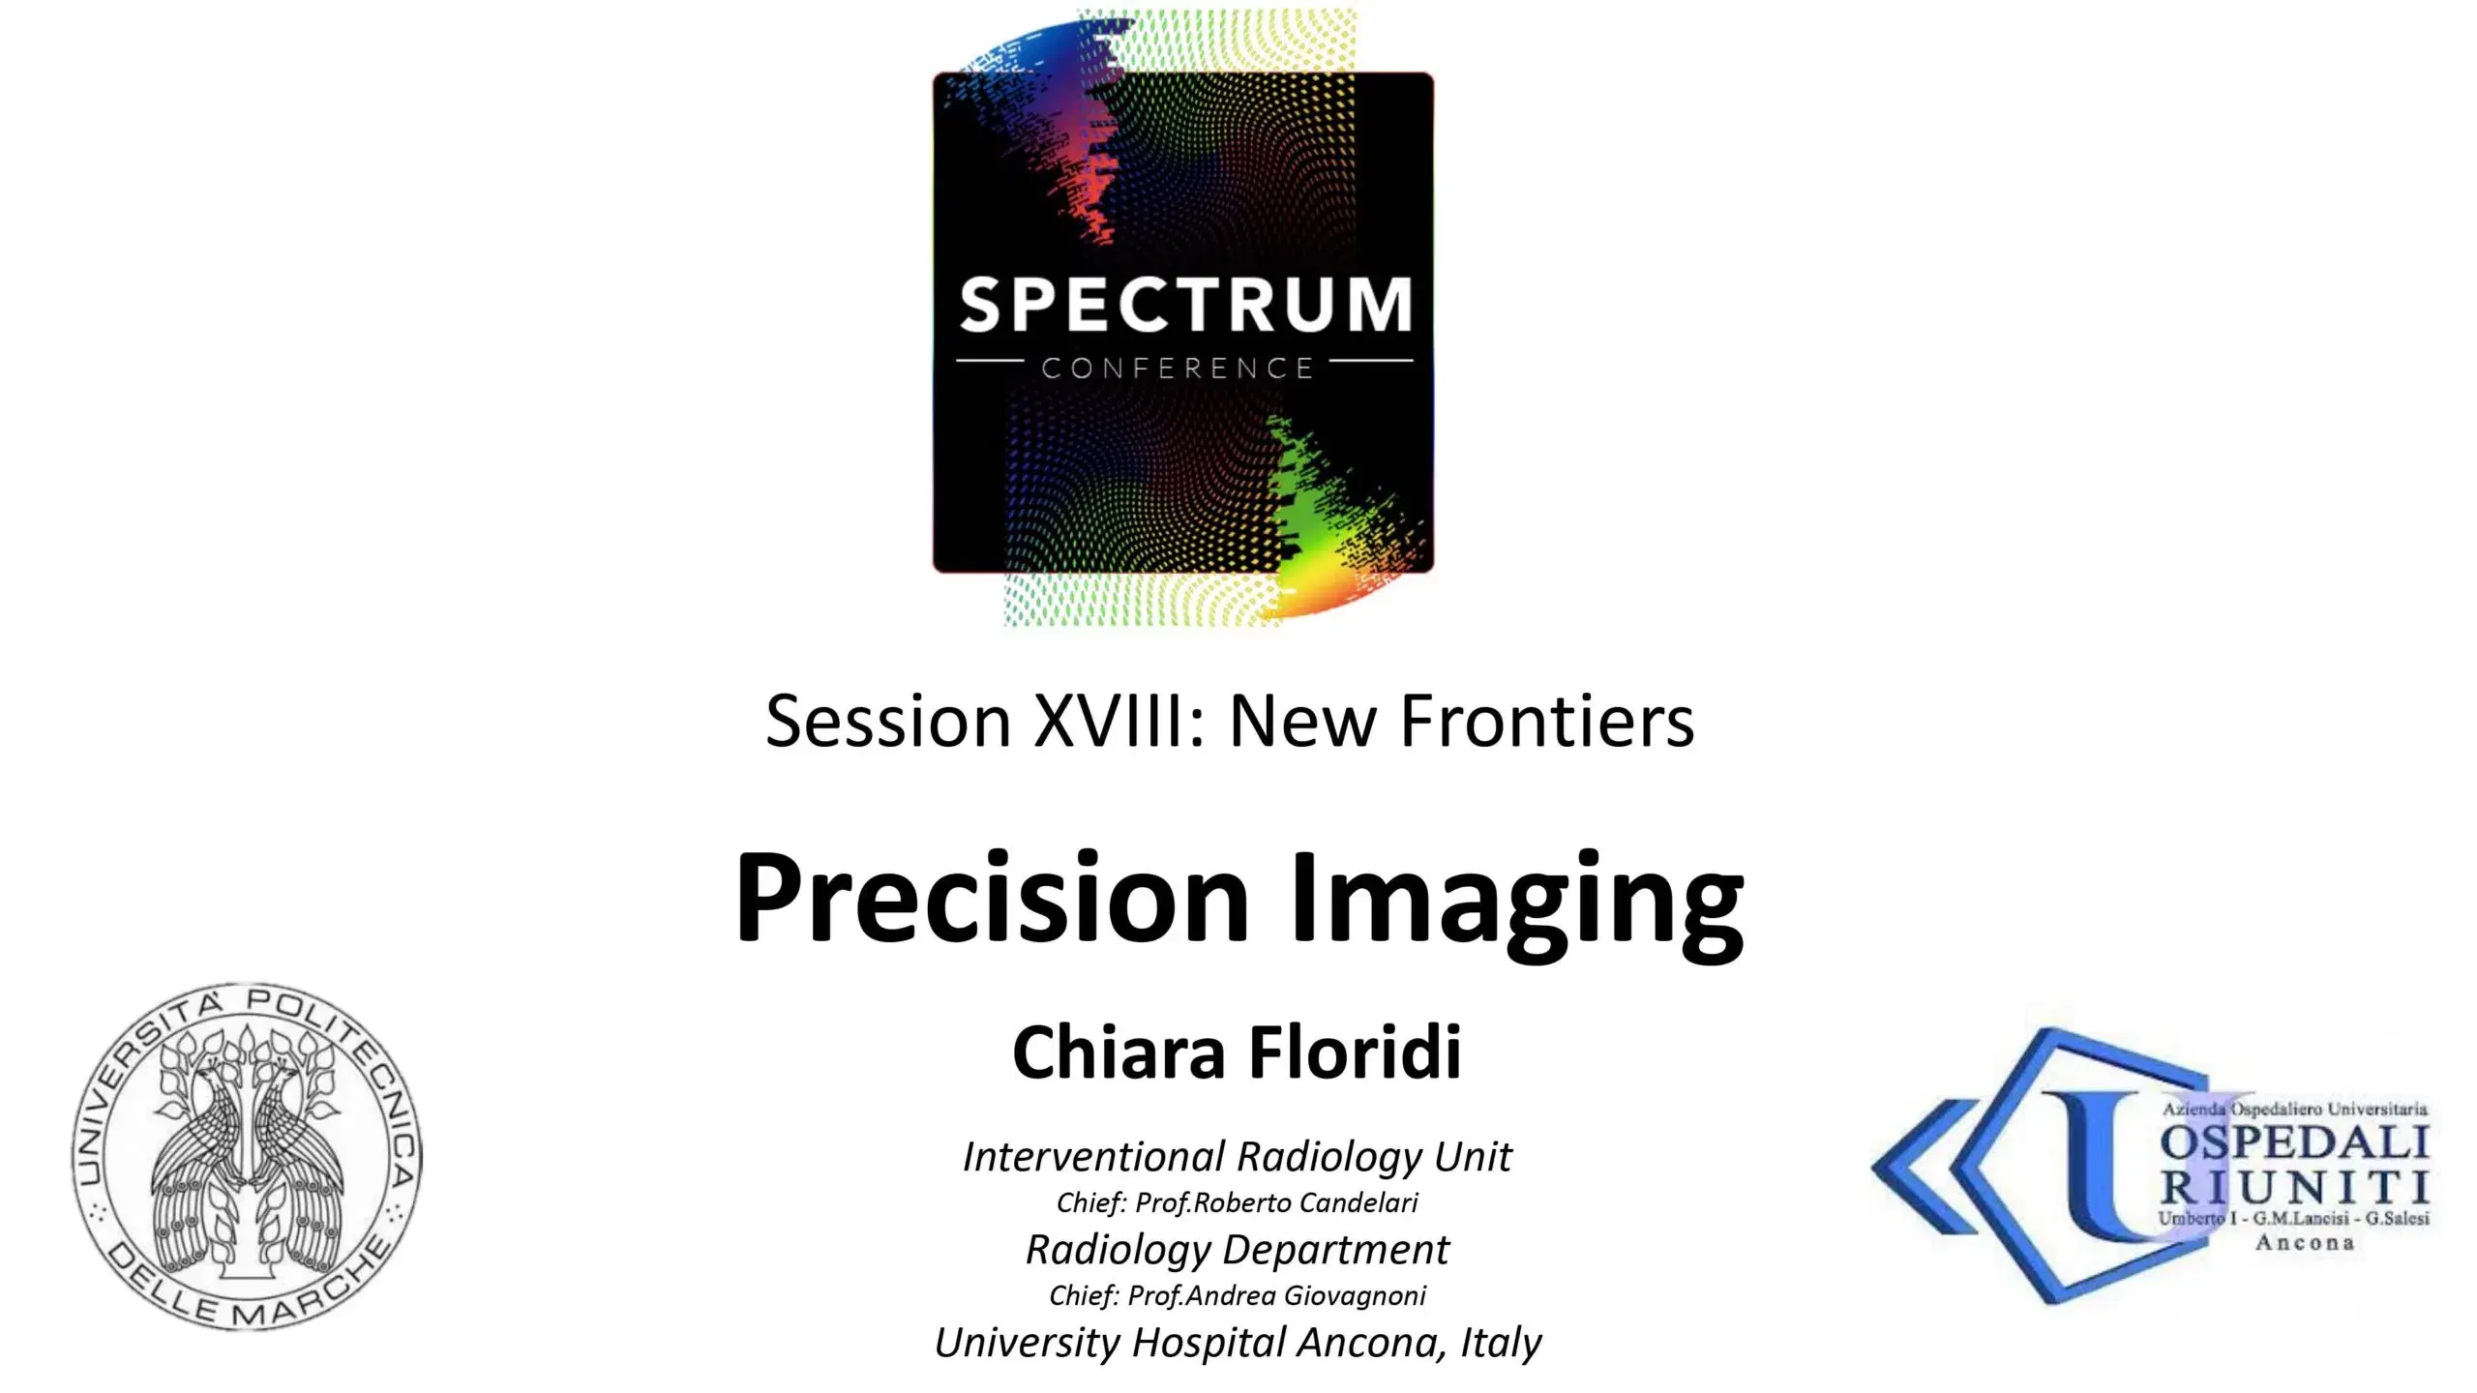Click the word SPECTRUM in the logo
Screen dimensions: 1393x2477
pyautogui.click(x=1184, y=306)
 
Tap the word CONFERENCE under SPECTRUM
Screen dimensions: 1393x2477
pyautogui.click(x=1178, y=369)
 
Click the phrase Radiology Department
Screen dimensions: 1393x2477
pyautogui.click(x=1237, y=1249)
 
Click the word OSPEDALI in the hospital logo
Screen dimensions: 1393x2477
pyautogui.click(x=2293, y=1144)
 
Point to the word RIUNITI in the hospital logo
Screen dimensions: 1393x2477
pyautogui.click(x=2293, y=1187)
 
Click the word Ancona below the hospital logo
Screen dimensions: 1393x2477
pyautogui.click(x=2304, y=1243)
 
